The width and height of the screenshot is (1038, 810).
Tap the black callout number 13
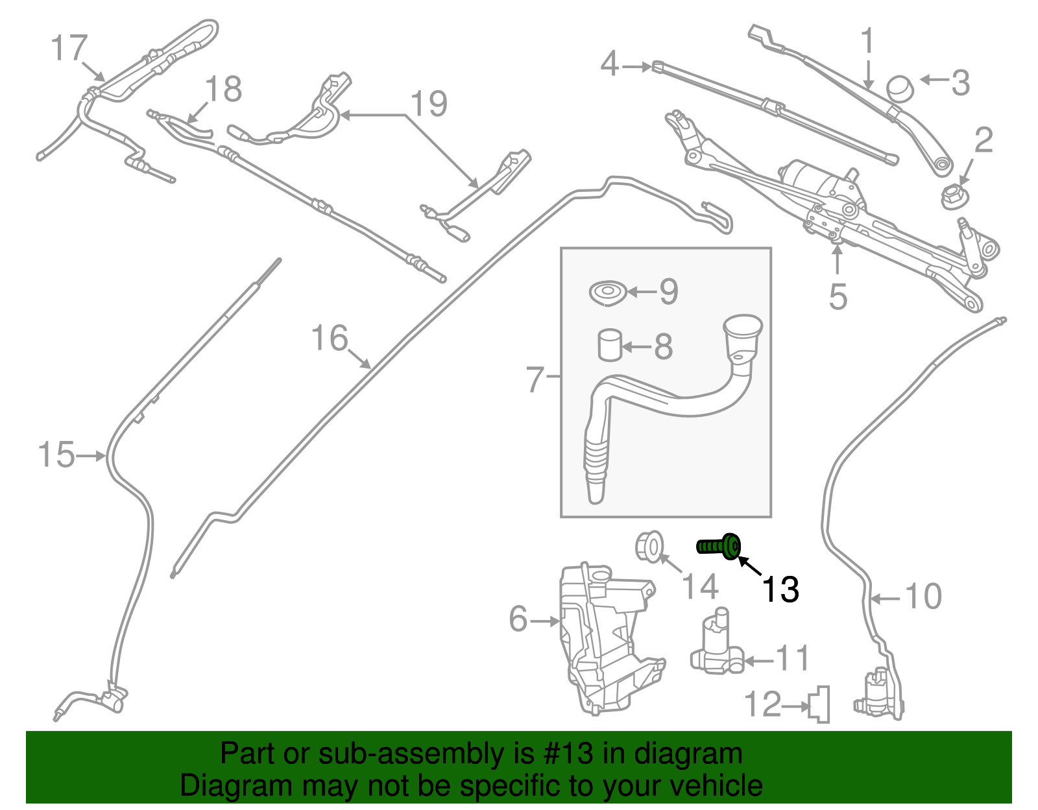click(780, 590)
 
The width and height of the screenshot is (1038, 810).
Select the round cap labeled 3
click(900, 88)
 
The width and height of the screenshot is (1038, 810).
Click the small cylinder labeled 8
click(609, 344)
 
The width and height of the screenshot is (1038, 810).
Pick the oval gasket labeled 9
click(607, 293)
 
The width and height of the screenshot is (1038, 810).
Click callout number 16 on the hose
click(330, 338)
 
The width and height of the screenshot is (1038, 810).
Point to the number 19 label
click(429, 104)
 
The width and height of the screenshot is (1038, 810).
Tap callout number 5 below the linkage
click(838, 296)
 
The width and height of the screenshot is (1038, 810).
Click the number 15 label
click(56, 455)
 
